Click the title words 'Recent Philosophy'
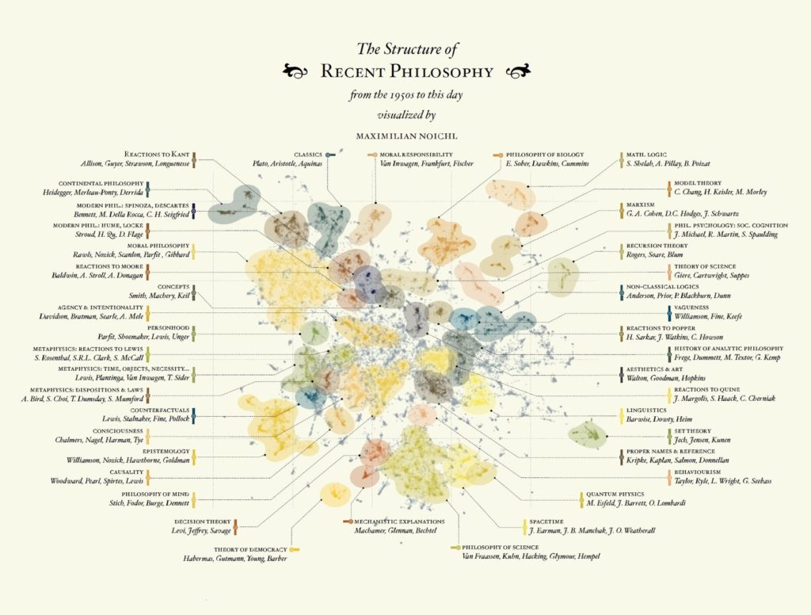(406, 72)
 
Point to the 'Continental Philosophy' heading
(101, 183)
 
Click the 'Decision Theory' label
(201, 521)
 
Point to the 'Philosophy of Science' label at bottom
(497, 548)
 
